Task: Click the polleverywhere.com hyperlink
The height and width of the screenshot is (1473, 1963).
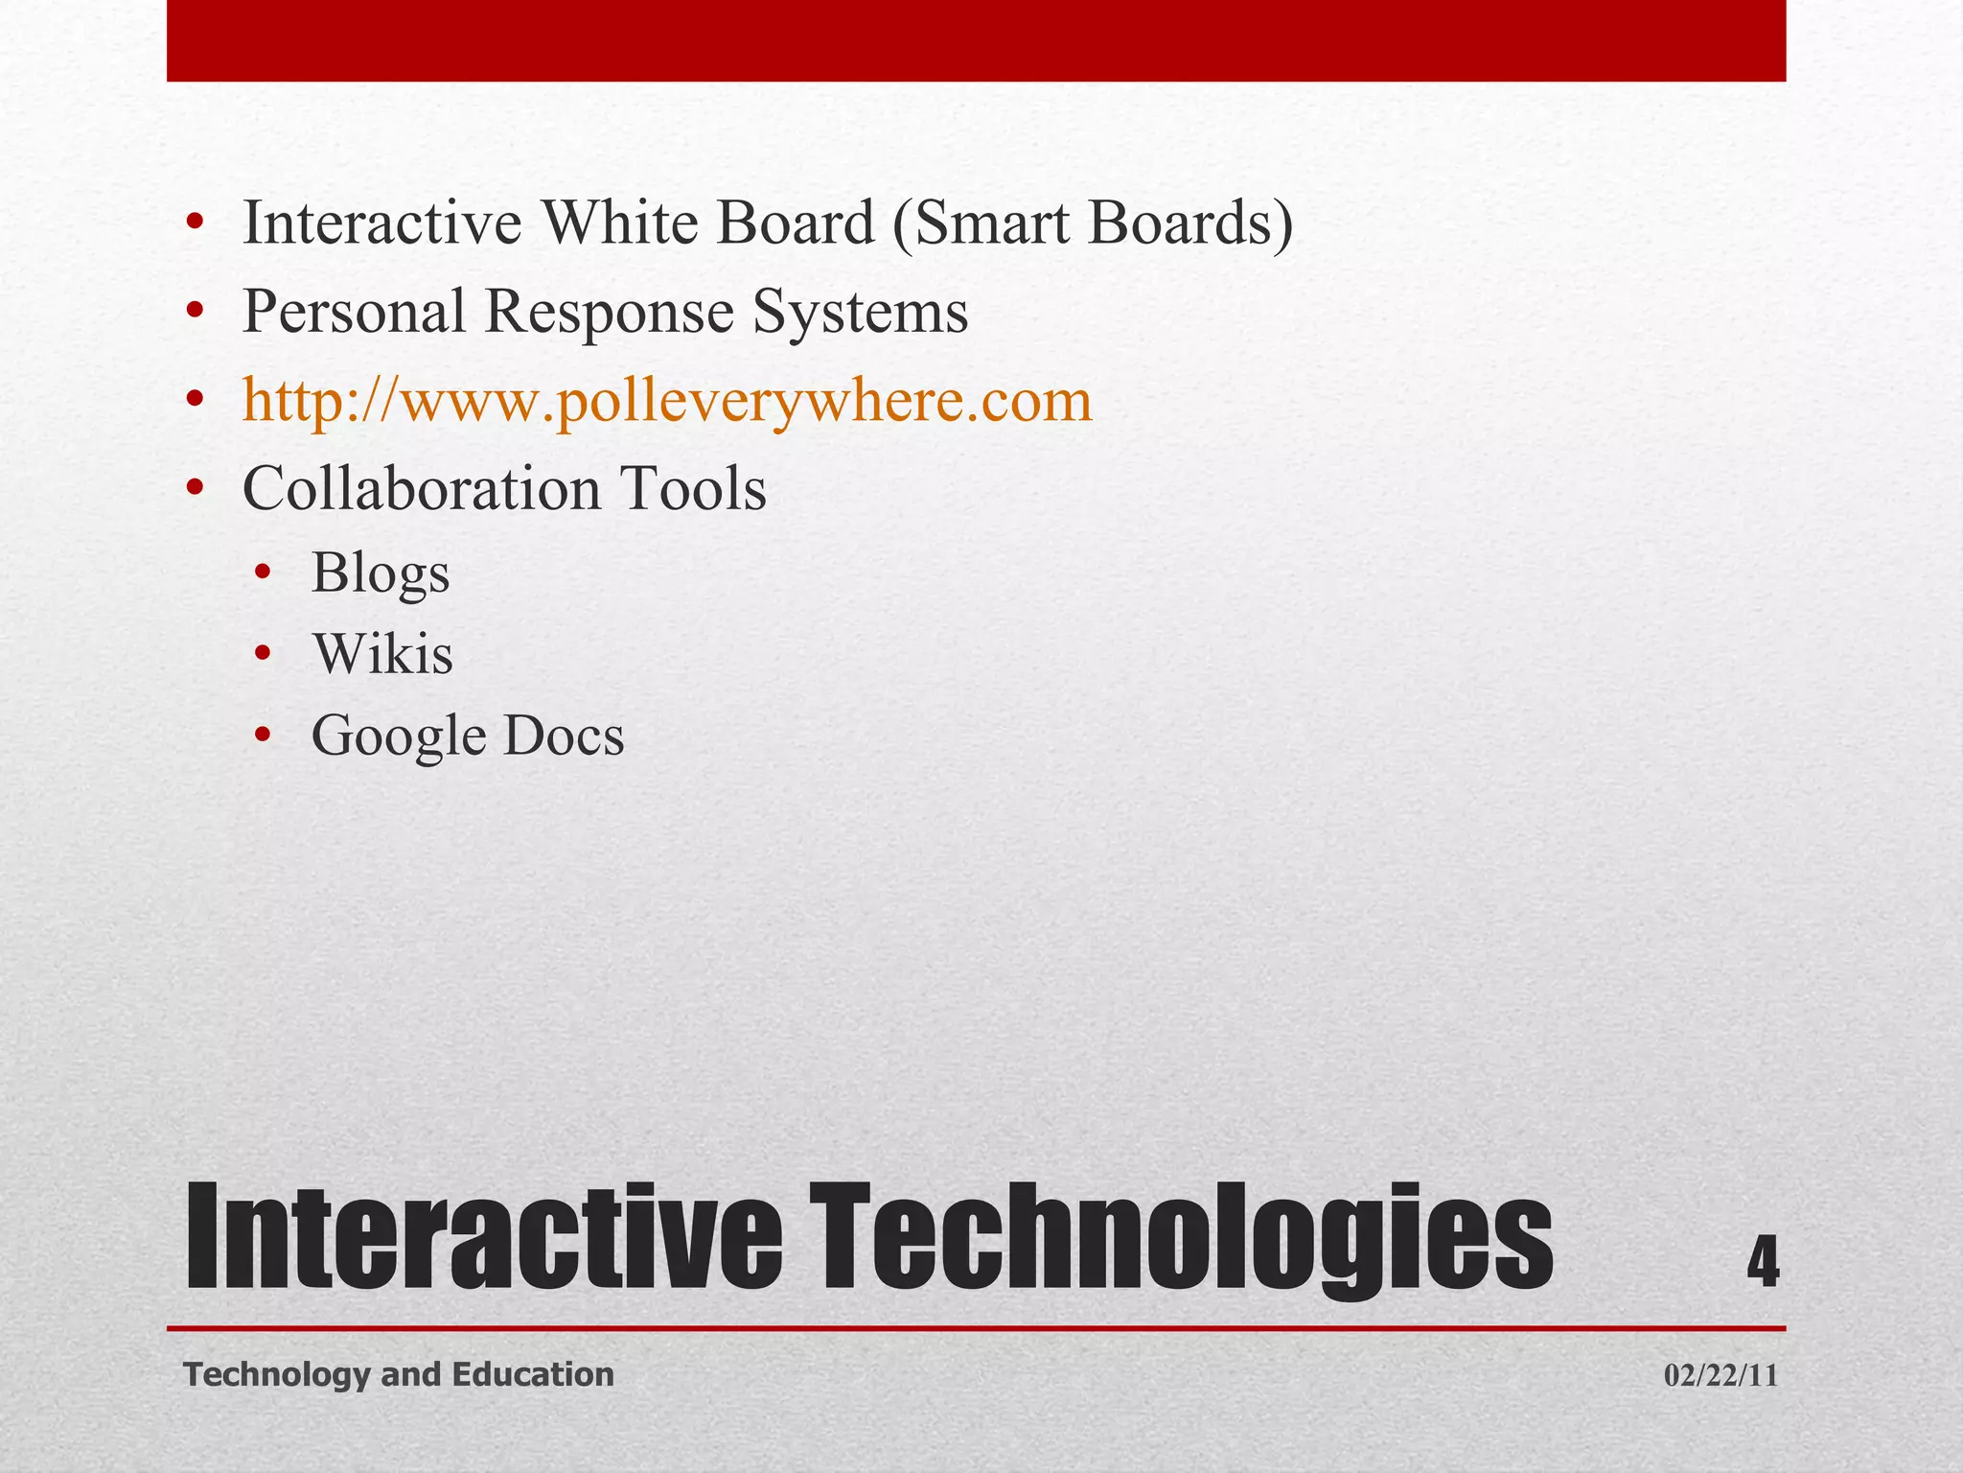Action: pyautogui.click(x=667, y=402)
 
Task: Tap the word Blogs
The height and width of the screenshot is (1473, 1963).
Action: pyautogui.click(x=381, y=573)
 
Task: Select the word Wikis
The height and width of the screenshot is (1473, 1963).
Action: pyautogui.click(x=382, y=655)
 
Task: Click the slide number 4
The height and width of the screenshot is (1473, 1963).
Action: pyautogui.click(x=1762, y=1263)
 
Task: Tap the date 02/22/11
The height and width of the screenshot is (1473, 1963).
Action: pyautogui.click(x=1721, y=1376)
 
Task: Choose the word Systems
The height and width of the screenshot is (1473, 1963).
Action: pyautogui.click(x=860, y=313)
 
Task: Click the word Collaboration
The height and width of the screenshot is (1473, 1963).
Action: pyautogui.click(x=422, y=489)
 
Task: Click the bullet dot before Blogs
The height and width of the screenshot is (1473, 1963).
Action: pyautogui.click(x=264, y=573)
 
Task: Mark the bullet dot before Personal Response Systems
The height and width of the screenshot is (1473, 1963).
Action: pyautogui.click(x=196, y=311)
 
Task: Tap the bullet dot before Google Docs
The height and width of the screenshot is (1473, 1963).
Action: pyautogui.click(x=264, y=736)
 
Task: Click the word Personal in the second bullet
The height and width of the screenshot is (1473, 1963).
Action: pyautogui.click(x=354, y=313)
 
